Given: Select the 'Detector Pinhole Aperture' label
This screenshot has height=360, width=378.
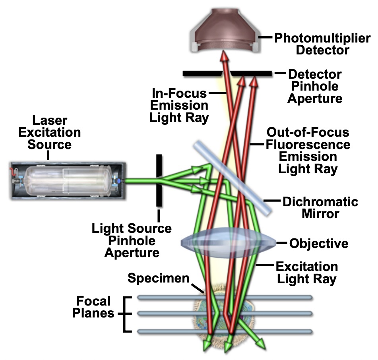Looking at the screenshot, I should (314, 86).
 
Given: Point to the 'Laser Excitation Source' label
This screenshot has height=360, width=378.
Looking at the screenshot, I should (49, 132).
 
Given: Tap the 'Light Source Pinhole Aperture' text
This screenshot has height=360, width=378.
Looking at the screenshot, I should (132, 240).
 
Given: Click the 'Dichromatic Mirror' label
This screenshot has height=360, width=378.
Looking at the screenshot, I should (320, 207).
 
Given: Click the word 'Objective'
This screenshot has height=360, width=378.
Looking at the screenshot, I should (318, 243).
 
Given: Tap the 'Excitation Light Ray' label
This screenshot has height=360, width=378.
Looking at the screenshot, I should (306, 272).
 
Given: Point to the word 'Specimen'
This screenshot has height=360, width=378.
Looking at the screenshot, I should (158, 278).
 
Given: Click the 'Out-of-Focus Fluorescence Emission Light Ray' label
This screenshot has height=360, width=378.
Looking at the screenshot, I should (308, 151).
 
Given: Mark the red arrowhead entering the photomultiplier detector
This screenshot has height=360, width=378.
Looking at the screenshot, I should (225, 58).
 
